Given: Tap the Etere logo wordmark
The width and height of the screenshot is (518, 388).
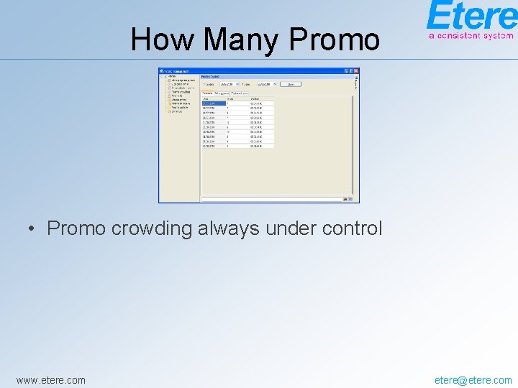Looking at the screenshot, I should [x=471, y=15].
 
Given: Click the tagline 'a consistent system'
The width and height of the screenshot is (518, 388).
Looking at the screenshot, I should [x=471, y=34].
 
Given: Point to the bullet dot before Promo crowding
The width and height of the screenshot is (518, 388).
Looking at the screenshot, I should [x=32, y=229].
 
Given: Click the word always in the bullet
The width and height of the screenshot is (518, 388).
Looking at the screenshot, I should [x=229, y=228].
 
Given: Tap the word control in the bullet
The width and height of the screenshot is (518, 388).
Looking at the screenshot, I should [x=352, y=228].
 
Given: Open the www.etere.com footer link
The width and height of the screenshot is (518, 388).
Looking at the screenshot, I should [x=50, y=380].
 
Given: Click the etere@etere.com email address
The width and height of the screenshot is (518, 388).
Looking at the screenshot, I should [x=473, y=380].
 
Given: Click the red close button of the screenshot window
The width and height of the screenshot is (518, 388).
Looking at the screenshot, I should [x=356, y=71].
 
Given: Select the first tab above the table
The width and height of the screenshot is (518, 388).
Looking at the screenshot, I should [x=208, y=93].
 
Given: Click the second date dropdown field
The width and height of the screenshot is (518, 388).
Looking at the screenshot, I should [x=266, y=84].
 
